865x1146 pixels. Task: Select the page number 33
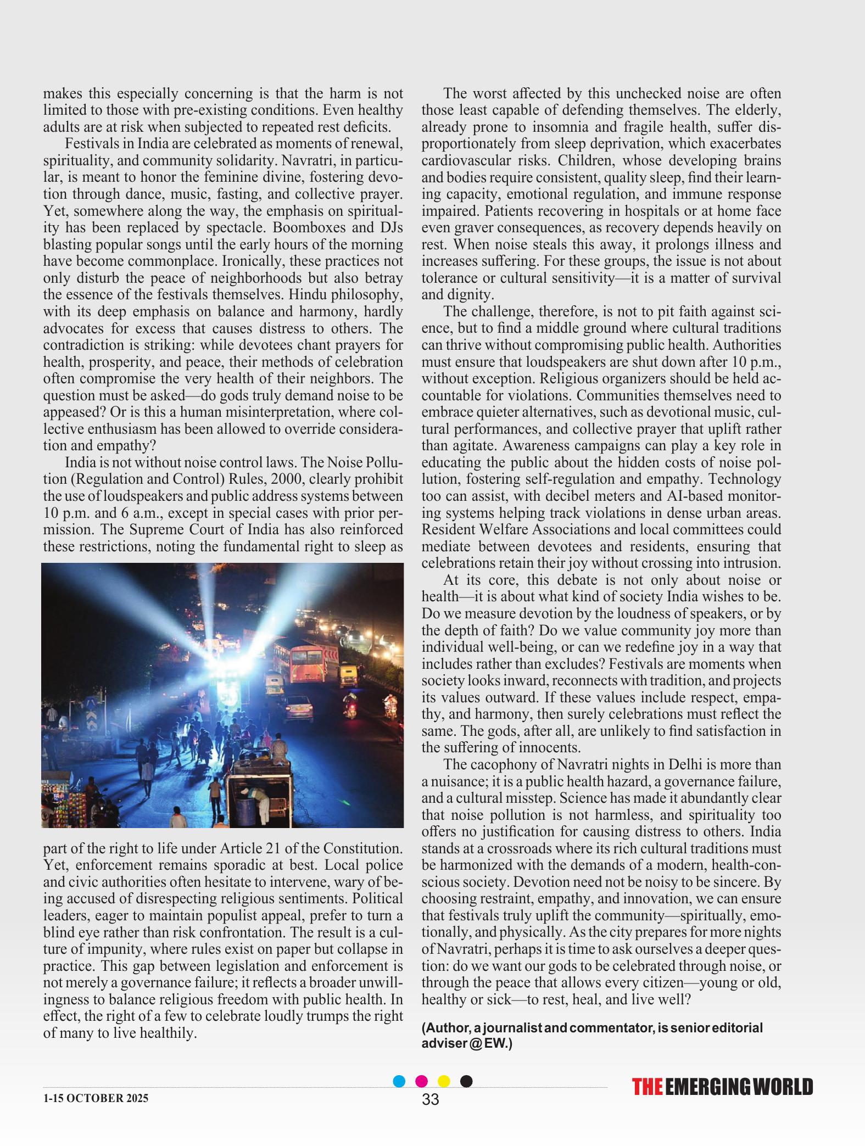(x=431, y=1099)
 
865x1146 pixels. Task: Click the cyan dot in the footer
(x=399, y=1081)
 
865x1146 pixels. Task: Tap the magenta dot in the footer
(x=422, y=1081)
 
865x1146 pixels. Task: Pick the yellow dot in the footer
(x=444, y=1081)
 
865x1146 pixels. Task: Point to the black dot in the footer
(x=466, y=1081)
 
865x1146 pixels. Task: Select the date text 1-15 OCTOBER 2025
(x=96, y=1099)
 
